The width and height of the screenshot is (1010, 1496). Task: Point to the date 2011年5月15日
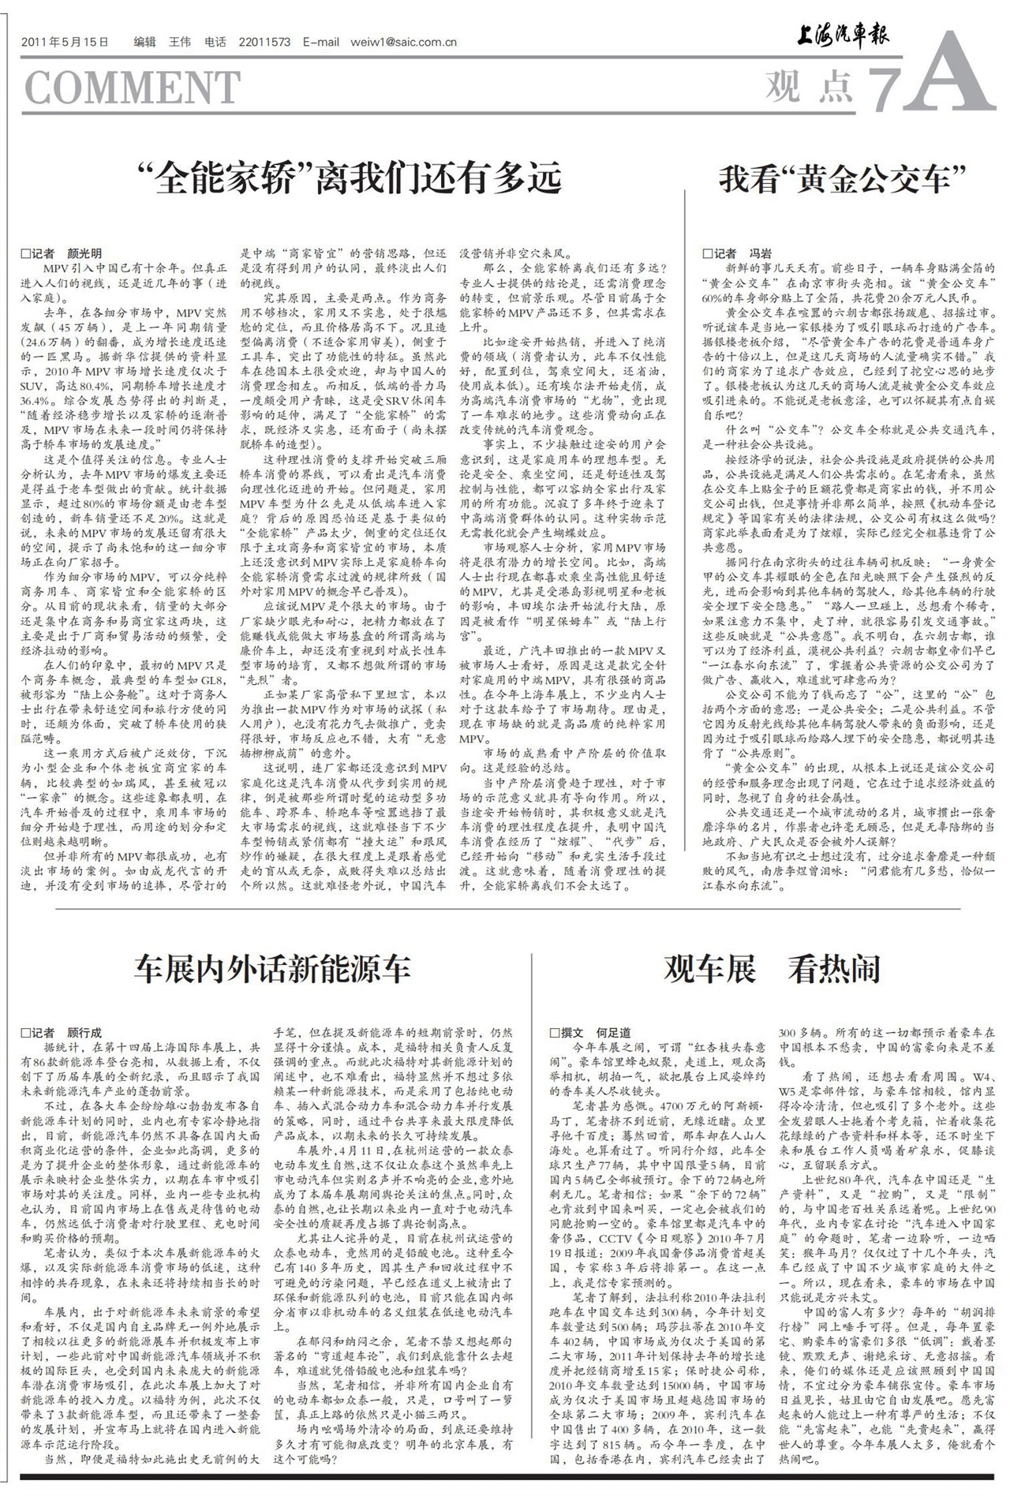coord(65,43)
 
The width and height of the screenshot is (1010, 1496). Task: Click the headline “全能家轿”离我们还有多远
coord(348,178)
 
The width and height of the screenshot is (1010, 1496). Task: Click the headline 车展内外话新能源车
coord(272,968)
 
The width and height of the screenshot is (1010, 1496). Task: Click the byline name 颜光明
coord(84,254)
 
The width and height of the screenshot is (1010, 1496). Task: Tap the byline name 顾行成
coord(84,1032)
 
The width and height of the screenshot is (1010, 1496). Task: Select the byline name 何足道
coord(613,1032)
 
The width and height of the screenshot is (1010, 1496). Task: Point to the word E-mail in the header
coord(320,43)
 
